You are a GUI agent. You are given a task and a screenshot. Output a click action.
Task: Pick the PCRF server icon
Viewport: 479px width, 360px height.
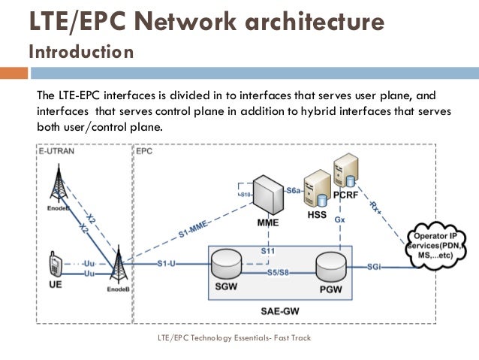(346, 174)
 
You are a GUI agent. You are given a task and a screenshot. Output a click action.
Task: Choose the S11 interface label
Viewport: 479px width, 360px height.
(268, 250)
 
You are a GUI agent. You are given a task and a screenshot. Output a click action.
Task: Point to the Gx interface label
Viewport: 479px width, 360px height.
(339, 219)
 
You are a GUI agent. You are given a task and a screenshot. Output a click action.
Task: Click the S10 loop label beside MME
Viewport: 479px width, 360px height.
(245, 195)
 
